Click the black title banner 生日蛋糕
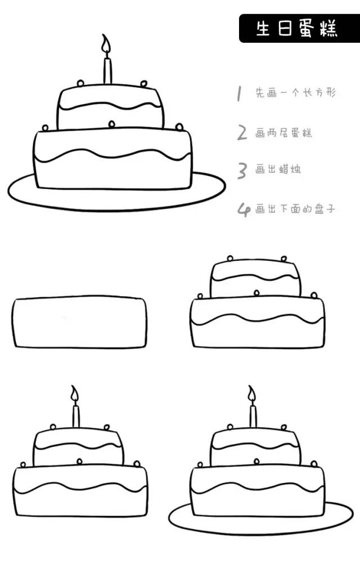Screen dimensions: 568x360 [298, 29]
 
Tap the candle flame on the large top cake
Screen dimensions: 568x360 [106, 45]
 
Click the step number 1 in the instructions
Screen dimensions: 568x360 [239, 93]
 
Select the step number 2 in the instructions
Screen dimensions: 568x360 [242, 133]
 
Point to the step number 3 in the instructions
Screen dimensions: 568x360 [242, 170]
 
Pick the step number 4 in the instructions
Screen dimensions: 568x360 [243, 210]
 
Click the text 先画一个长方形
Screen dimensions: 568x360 [295, 93]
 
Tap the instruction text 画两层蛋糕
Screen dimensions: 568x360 [283, 133]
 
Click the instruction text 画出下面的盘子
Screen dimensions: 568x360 [295, 209]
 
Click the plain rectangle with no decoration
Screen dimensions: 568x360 [80, 323]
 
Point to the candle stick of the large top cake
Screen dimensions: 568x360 [107, 70]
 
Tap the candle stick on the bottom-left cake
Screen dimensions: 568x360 [76, 415]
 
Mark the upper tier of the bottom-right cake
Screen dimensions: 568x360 [256, 448]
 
